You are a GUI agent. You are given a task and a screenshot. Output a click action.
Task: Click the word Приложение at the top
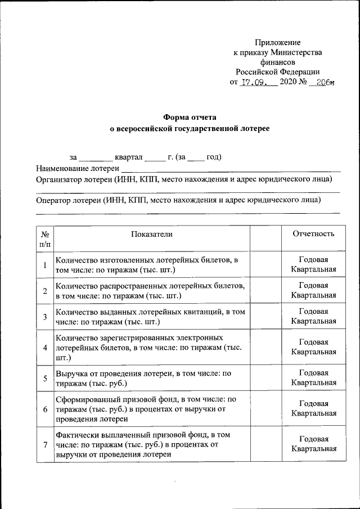(x=277, y=42)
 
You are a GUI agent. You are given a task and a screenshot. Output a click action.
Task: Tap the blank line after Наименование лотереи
(x=231, y=168)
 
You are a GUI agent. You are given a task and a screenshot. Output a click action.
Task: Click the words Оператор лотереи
(x=68, y=200)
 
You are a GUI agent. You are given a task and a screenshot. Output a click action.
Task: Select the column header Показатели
(x=151, y=234)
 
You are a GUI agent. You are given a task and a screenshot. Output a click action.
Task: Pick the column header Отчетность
(x=313, y=234)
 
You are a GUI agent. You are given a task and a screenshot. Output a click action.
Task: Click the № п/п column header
(x=45, y=239)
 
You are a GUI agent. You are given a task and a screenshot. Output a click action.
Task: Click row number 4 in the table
(x=45, y=347)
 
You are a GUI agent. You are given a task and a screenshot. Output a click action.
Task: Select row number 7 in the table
(x=45, y=444)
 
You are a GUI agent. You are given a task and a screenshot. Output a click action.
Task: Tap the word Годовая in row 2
(x=313, y=286)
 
